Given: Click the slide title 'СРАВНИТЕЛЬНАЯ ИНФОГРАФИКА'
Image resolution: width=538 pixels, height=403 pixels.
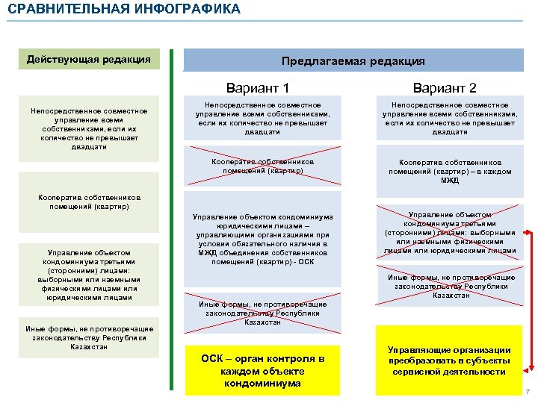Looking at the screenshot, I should tap(124, 10).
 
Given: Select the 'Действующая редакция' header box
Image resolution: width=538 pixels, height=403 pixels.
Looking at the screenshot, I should tap(89, 60).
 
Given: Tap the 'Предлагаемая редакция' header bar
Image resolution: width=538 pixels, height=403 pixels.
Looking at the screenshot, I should tap(353, 61).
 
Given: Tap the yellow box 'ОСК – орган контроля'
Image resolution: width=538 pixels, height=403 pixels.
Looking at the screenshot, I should tap(262, 371).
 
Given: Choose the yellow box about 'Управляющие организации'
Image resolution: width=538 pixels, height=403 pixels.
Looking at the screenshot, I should tap(449, 360).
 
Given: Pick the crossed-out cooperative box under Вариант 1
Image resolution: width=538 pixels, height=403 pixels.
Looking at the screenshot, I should tap(262, 166).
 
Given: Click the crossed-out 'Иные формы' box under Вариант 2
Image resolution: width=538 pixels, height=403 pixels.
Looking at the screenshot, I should tap(449, 286).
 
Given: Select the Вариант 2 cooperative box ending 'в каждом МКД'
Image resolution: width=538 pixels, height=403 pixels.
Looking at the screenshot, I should tap(449, 172).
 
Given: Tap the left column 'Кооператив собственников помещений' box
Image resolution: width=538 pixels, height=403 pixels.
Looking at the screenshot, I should tap(89, 201).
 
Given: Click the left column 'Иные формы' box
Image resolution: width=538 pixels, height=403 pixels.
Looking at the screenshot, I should tap(89, 337).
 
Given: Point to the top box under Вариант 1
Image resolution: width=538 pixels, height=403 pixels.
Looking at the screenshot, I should tap(262, 119).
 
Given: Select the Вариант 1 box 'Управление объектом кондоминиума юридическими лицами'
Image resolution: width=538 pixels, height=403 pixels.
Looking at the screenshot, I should tap(262, 240).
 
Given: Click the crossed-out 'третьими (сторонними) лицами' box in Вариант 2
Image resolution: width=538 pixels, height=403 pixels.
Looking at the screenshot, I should tap(449, 231).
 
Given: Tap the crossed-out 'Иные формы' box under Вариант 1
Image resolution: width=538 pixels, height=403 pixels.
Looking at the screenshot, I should tap(262, 313).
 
